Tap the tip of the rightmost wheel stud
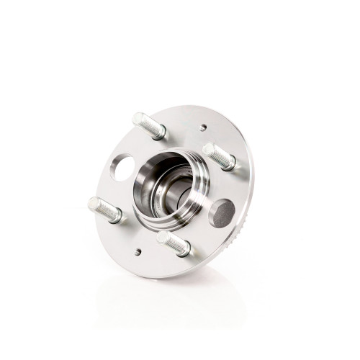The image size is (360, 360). tap(208, 149)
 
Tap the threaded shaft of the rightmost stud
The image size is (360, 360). tap(219, 157)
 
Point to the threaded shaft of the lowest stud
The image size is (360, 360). tap(174, 243)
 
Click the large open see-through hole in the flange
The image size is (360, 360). tap(125, 168)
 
